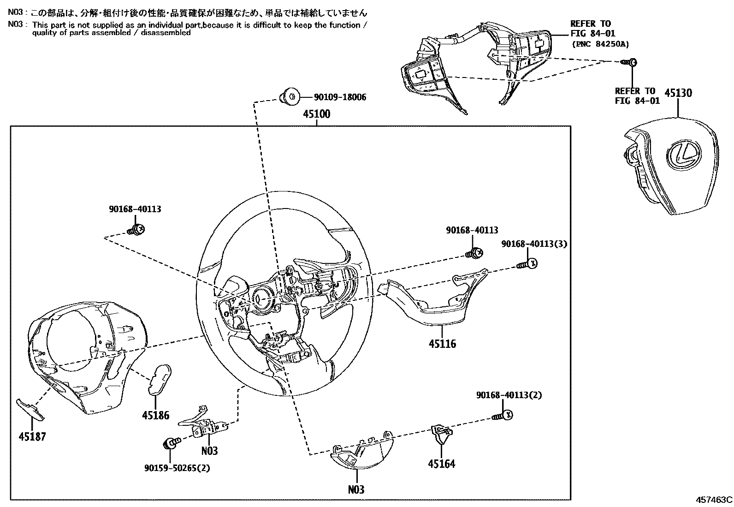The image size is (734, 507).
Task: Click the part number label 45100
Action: pos(316,114)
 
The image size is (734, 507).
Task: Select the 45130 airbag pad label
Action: pos(678,93)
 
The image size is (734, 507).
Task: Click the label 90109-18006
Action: pos(340,97)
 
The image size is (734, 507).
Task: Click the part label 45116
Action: pos(442,343)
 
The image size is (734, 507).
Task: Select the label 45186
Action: pos(155,415)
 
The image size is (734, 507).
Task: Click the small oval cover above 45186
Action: pos(160,379)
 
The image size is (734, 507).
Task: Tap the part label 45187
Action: pos(32,436)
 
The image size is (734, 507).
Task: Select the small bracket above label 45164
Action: pos(441,431)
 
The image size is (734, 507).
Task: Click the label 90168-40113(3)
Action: pos(534,244)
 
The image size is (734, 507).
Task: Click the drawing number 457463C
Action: pos(714,499)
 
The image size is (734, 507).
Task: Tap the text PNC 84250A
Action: pos(600,44)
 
